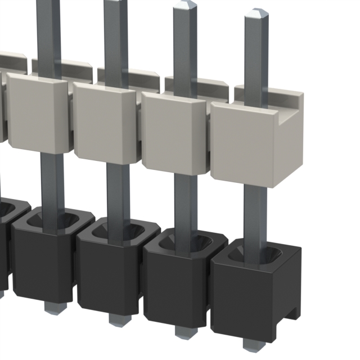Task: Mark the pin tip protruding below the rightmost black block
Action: click(x=251, y=344)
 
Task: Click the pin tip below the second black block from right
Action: click(x=182, y=331)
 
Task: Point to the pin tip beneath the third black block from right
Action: click(x=117, y=320)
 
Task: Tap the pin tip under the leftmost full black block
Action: click(x=55, y=308)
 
